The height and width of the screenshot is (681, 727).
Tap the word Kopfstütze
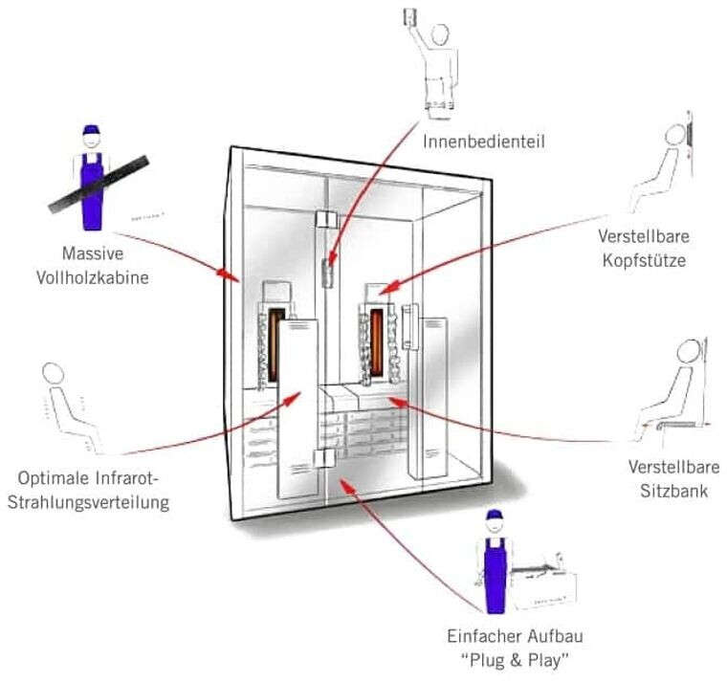click(x=643, y=258)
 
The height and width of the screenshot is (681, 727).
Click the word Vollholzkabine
click(x=107, y=276)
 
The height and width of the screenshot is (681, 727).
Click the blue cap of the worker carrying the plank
click(x=91, y=130)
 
